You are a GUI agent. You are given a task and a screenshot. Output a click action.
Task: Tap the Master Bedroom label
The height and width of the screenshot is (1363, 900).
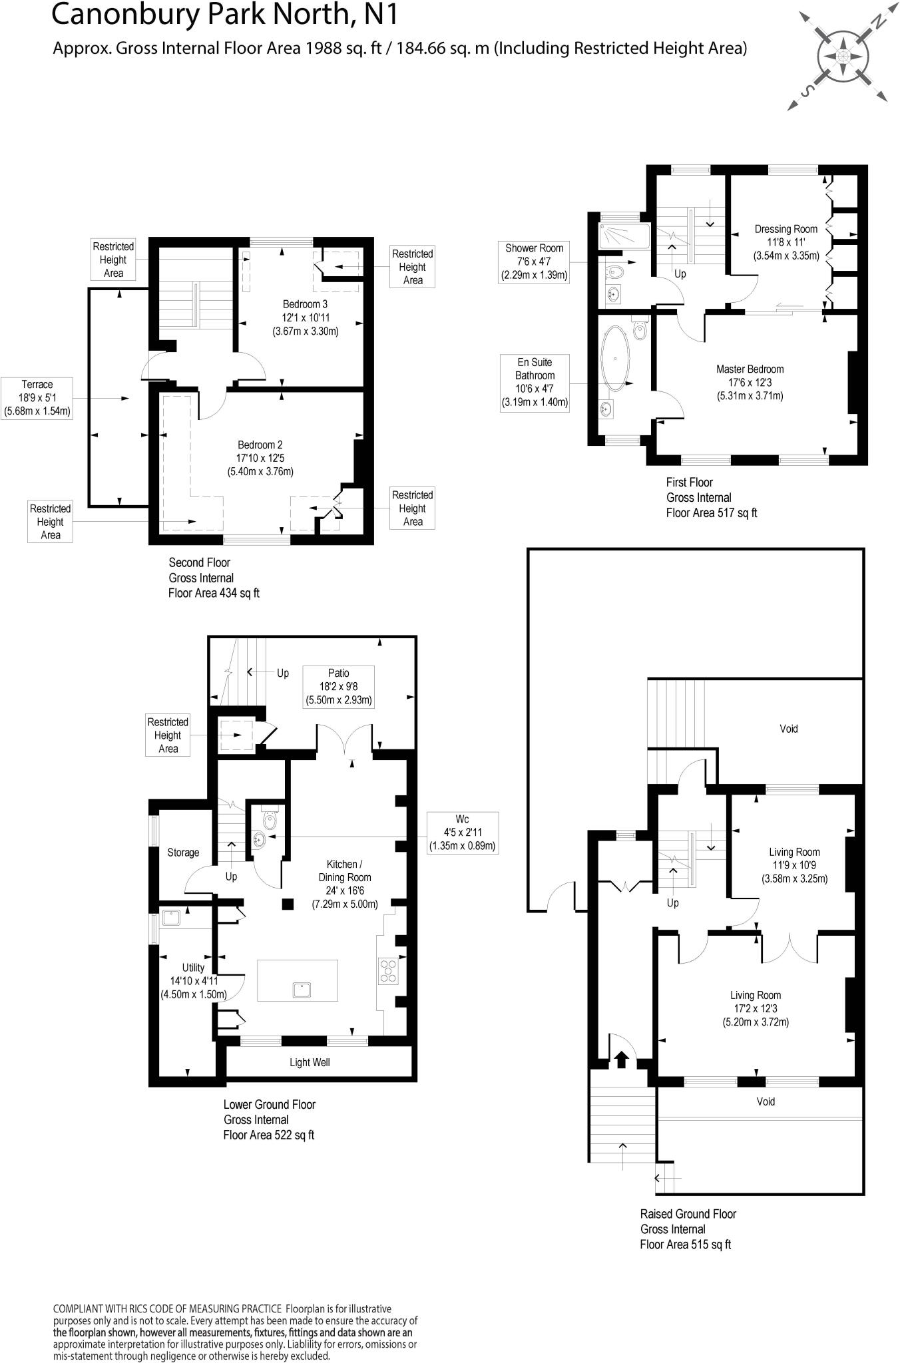click(750, 382)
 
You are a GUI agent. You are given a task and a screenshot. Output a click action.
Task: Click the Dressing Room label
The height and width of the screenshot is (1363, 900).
click(786, 242)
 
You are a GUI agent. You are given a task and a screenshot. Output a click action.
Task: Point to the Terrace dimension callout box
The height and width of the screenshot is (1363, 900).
click(37, 398)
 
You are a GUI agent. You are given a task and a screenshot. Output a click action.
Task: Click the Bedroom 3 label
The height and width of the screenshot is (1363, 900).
click(306, 317)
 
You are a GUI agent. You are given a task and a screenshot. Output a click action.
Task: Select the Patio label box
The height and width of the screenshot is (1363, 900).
click(338, 686)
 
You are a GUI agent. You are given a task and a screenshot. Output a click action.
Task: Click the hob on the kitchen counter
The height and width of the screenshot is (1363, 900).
click(387, 970)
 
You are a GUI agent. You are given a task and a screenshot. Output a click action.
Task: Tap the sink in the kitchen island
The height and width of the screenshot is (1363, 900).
click(302, 990)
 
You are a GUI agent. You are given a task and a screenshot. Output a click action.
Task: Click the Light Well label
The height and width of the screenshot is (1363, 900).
click(310, 1063)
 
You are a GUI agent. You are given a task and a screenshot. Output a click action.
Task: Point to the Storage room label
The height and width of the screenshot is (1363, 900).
click(183, 853)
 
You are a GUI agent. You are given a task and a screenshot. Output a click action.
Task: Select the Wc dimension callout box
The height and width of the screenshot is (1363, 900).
click(462, 832)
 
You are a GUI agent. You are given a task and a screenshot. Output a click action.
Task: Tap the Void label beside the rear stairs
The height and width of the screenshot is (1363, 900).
click(788, 729)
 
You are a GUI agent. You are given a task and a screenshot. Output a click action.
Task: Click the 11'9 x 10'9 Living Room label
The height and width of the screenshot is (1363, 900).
click(794, 865)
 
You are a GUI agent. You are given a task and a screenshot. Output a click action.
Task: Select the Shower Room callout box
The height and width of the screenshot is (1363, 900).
click(534, 262)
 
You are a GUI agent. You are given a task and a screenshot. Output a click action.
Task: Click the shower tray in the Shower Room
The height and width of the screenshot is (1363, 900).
click(624, 236)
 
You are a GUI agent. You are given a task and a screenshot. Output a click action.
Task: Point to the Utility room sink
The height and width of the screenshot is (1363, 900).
click(171, 918)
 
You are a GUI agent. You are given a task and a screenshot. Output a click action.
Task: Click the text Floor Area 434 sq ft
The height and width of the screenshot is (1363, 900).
click(214, 593)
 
